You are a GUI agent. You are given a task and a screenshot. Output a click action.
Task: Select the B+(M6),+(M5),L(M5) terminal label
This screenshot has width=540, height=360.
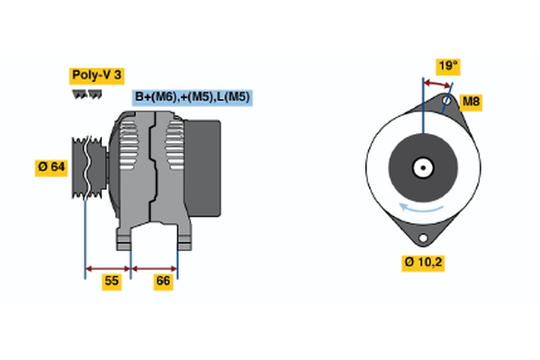191,97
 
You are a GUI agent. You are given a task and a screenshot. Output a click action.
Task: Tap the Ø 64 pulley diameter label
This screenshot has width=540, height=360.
51,167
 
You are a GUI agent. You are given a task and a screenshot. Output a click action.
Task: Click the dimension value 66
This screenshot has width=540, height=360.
163,281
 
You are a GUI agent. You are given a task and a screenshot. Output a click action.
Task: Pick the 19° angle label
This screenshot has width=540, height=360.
447,66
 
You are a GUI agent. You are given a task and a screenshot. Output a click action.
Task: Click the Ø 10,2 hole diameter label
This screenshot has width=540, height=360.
424,262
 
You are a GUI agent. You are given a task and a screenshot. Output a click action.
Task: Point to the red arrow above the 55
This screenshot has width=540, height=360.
108,267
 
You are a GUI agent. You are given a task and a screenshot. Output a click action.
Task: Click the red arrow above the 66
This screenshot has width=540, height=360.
155,267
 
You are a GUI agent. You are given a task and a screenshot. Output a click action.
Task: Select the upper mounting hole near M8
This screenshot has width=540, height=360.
447,102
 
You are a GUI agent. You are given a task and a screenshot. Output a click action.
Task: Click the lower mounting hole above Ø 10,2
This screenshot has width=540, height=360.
422,238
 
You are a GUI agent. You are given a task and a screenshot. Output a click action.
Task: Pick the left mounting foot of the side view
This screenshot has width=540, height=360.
124,239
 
